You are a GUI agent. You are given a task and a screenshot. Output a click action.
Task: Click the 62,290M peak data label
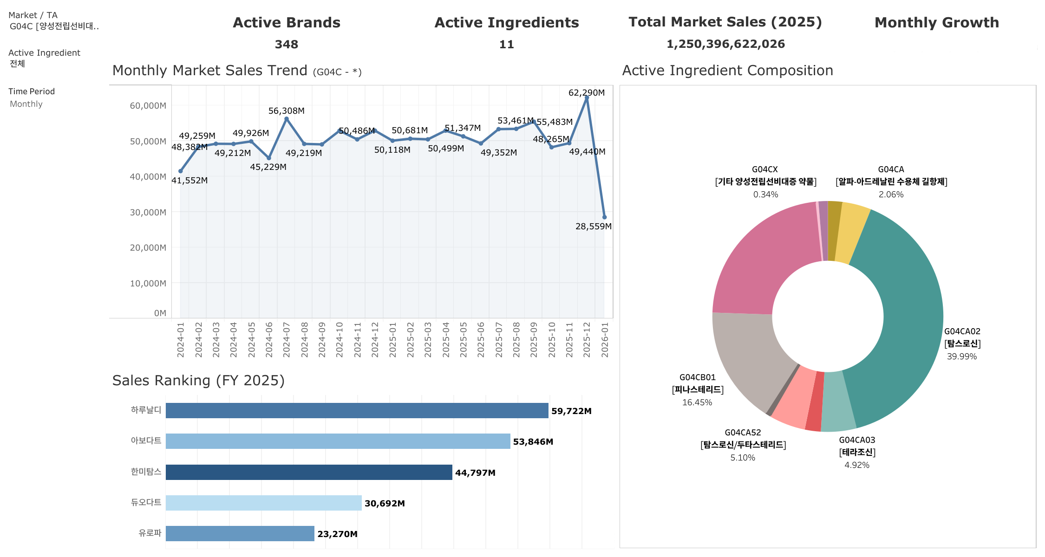586,93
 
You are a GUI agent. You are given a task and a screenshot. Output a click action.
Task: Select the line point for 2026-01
604,217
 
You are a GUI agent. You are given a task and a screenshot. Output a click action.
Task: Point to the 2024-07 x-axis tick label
287,340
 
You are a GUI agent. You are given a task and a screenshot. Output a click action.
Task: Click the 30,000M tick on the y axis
148,213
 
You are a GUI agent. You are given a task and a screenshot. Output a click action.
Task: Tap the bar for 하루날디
357,411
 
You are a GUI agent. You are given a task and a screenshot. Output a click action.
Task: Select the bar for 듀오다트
263,503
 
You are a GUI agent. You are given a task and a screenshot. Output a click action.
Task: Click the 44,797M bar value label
475,473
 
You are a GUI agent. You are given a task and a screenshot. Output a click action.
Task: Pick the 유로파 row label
150,533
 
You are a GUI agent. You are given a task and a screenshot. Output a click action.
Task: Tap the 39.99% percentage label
961,356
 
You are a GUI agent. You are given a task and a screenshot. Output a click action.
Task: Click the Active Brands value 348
286,45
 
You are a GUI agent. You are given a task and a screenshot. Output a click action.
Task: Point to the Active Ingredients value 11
506,45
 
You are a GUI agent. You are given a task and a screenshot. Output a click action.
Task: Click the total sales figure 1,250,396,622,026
725,44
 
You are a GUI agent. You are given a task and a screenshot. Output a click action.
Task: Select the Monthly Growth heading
936,23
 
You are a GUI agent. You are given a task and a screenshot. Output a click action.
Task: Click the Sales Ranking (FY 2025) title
198,381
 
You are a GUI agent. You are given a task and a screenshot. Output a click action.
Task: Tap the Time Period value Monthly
26,104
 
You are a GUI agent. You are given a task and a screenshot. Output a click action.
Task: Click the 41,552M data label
189,181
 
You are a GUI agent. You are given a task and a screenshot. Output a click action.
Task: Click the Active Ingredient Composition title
727,71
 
